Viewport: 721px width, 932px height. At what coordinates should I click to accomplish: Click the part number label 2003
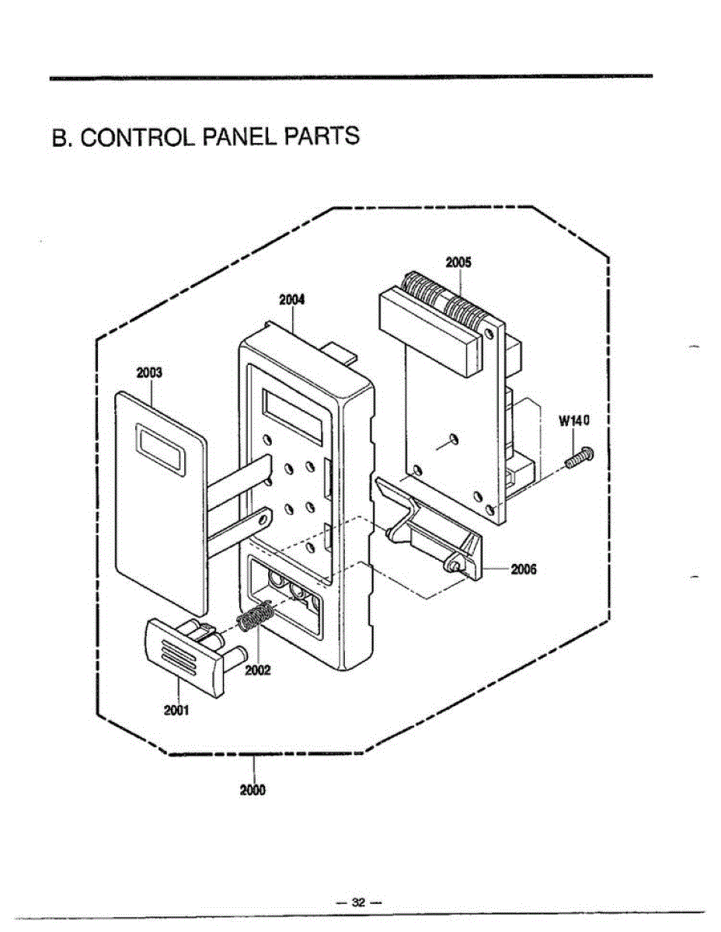(x=150, y=373)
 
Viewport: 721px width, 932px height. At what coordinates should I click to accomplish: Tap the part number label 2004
(x=291, y=300)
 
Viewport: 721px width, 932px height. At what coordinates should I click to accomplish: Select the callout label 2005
(x=458, y=262)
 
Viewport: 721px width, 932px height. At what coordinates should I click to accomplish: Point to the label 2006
(x=524, y=569)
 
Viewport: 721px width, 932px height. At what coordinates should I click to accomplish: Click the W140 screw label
(x=574, y=421)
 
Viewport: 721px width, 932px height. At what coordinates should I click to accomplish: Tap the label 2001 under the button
(x=176, y=710)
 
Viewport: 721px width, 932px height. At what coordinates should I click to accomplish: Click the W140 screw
(x=579, y=457)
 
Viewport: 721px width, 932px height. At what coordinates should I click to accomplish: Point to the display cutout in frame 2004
(x=294, y=417)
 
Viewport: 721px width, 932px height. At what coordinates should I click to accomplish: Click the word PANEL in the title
(x=238, y=137)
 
